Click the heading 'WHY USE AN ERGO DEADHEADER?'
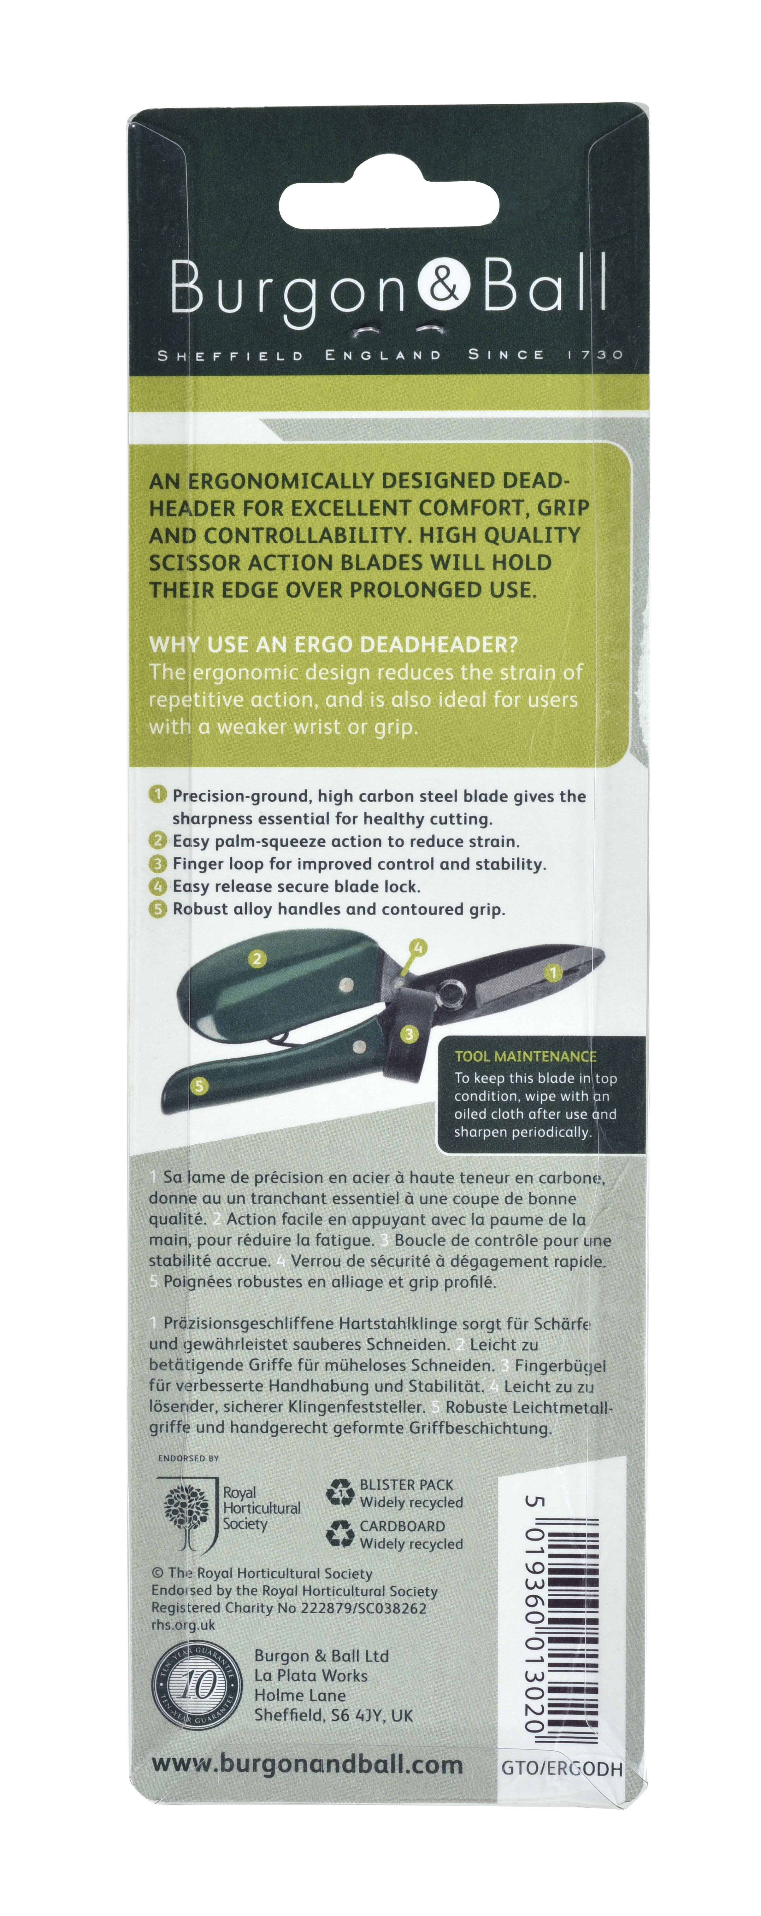click(x=333, y=644)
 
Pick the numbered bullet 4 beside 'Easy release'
click(x=158, y=886)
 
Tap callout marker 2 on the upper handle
click(x=257, y=959)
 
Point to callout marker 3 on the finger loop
click(x=408, y=1034)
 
